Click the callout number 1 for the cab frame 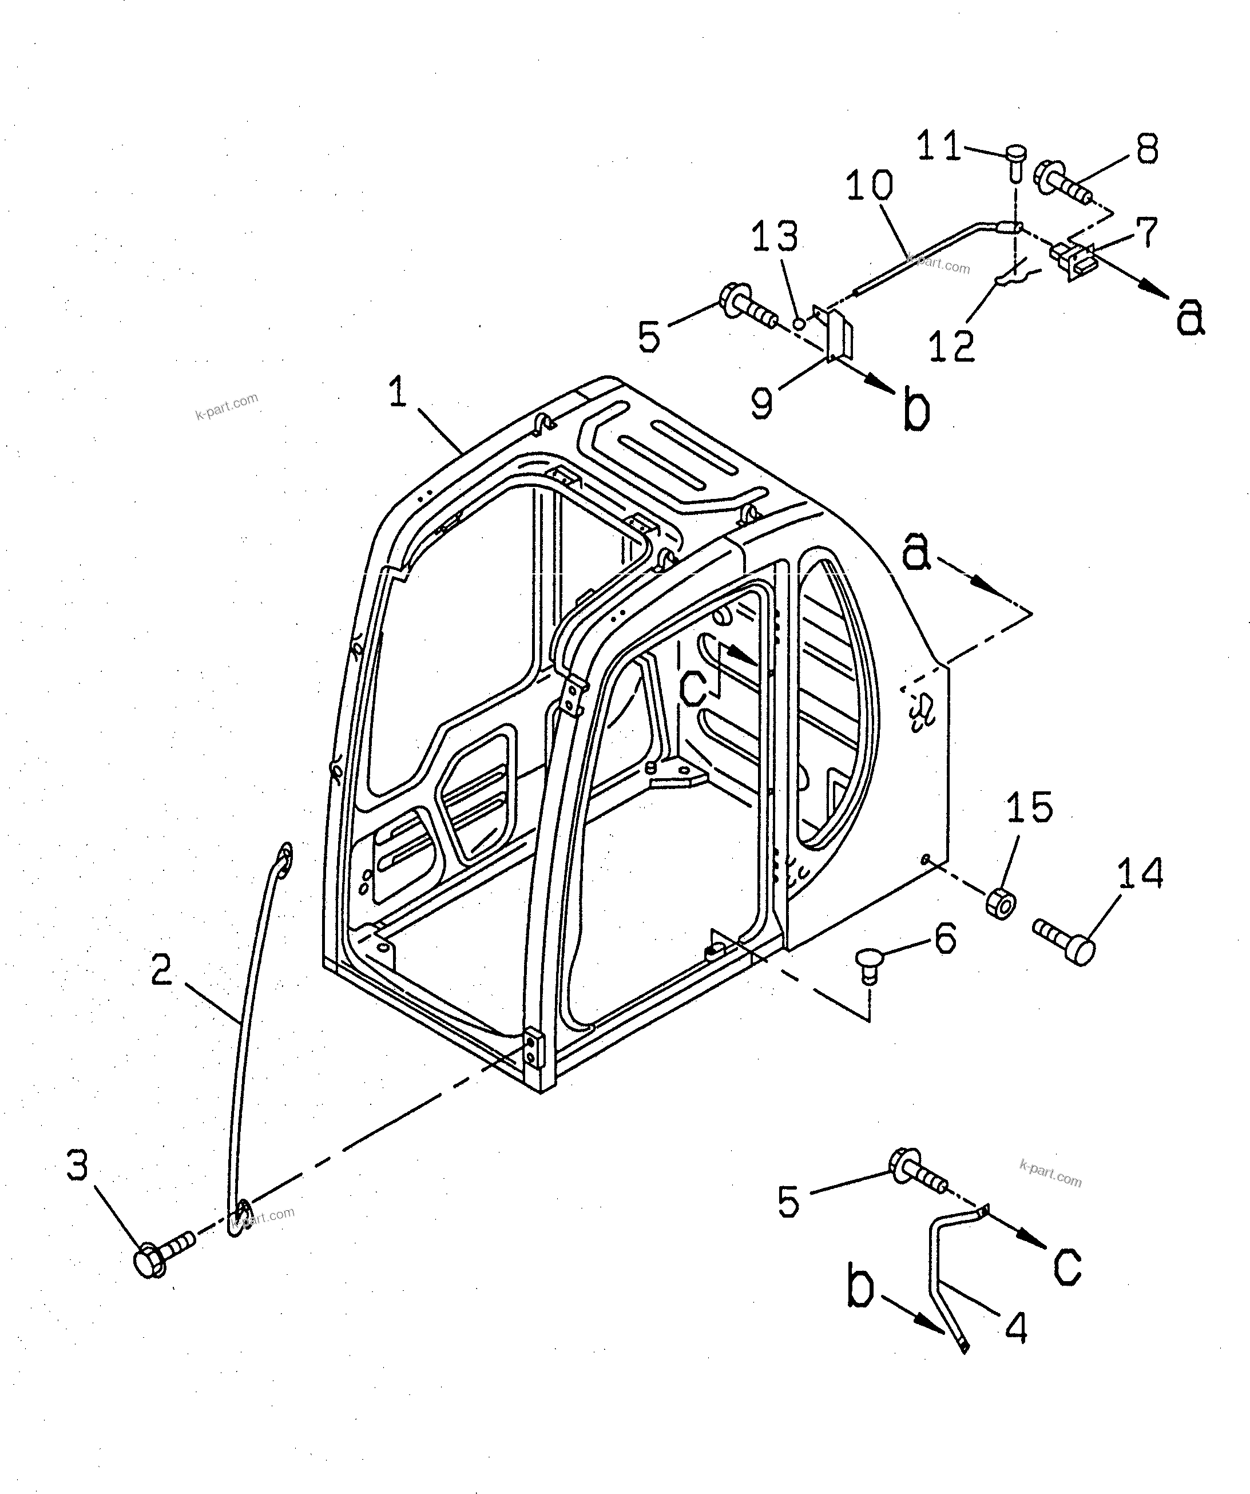[398, 392]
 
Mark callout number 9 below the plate [762, 403]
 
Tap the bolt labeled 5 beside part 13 [748, 308]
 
